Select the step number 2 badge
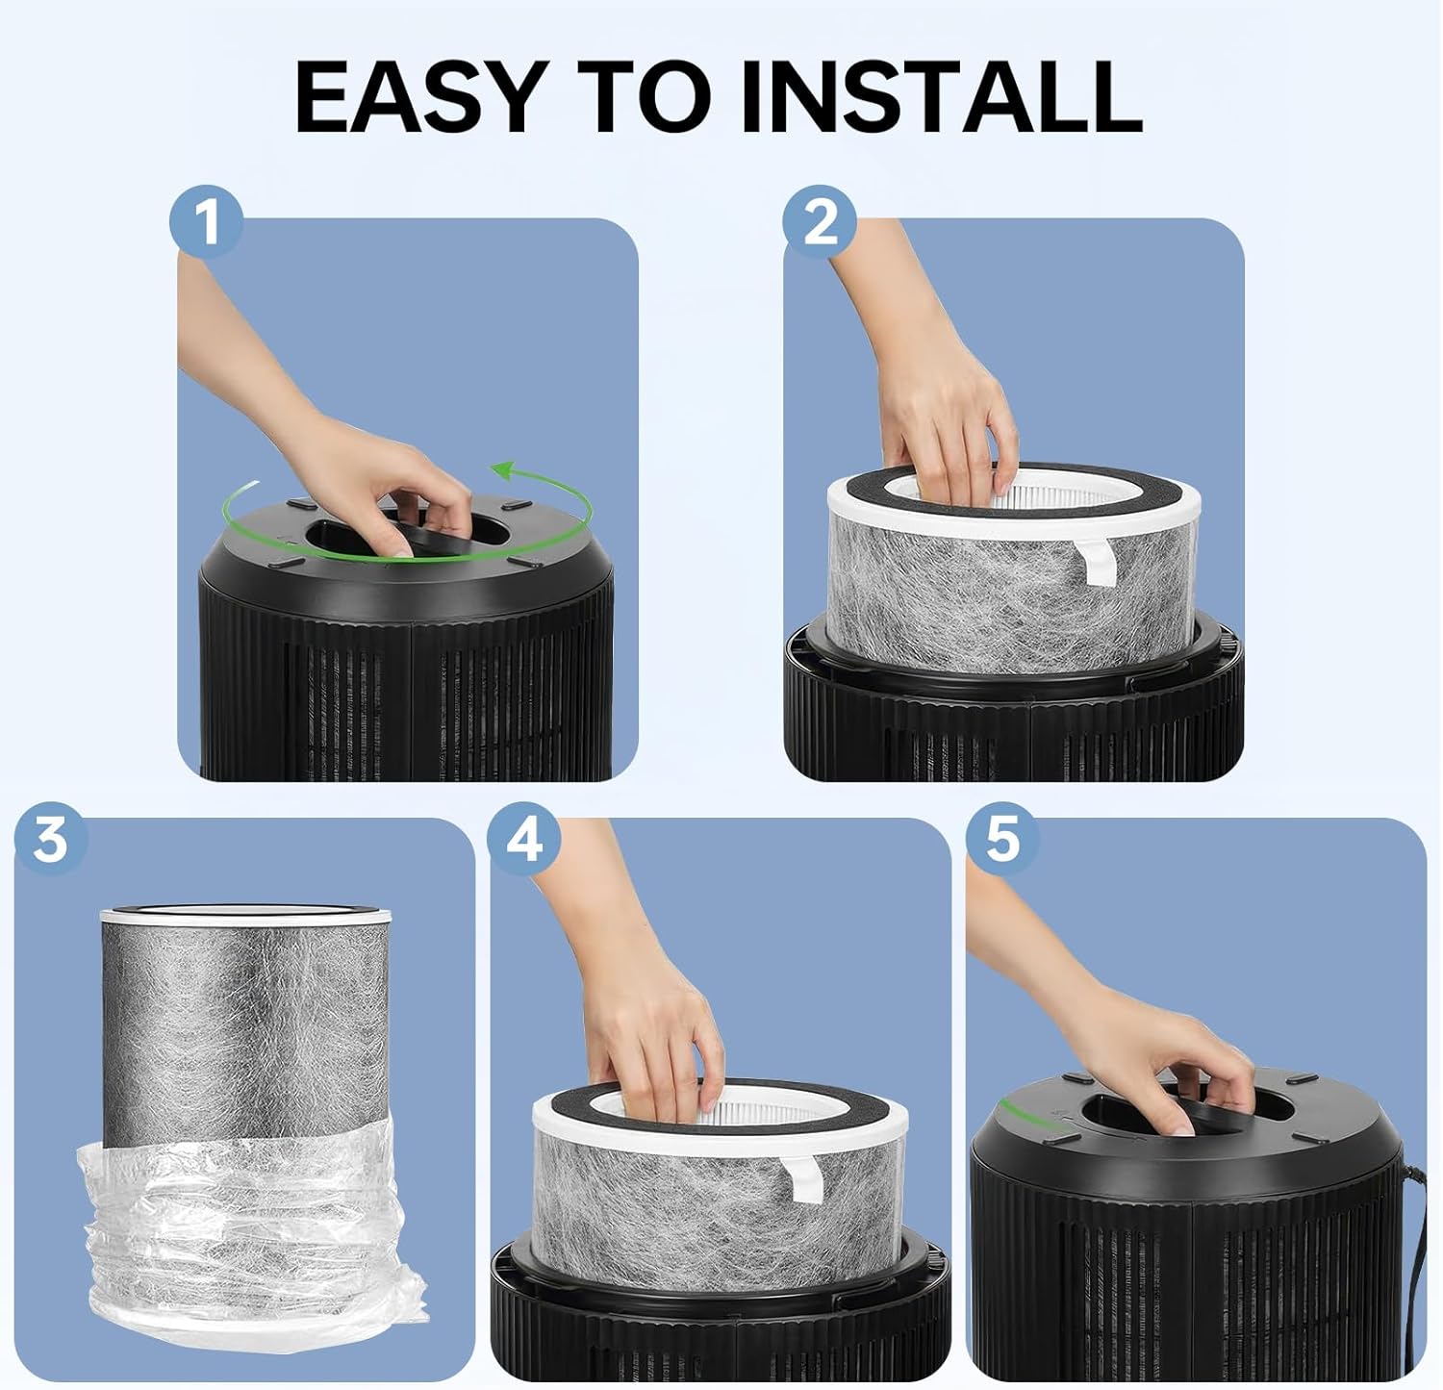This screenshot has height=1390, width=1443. [820, 221]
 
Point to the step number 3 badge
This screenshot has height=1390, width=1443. [50, 839]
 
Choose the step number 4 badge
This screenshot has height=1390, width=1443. [524, 839]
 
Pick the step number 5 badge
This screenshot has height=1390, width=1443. [1001, 839]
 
